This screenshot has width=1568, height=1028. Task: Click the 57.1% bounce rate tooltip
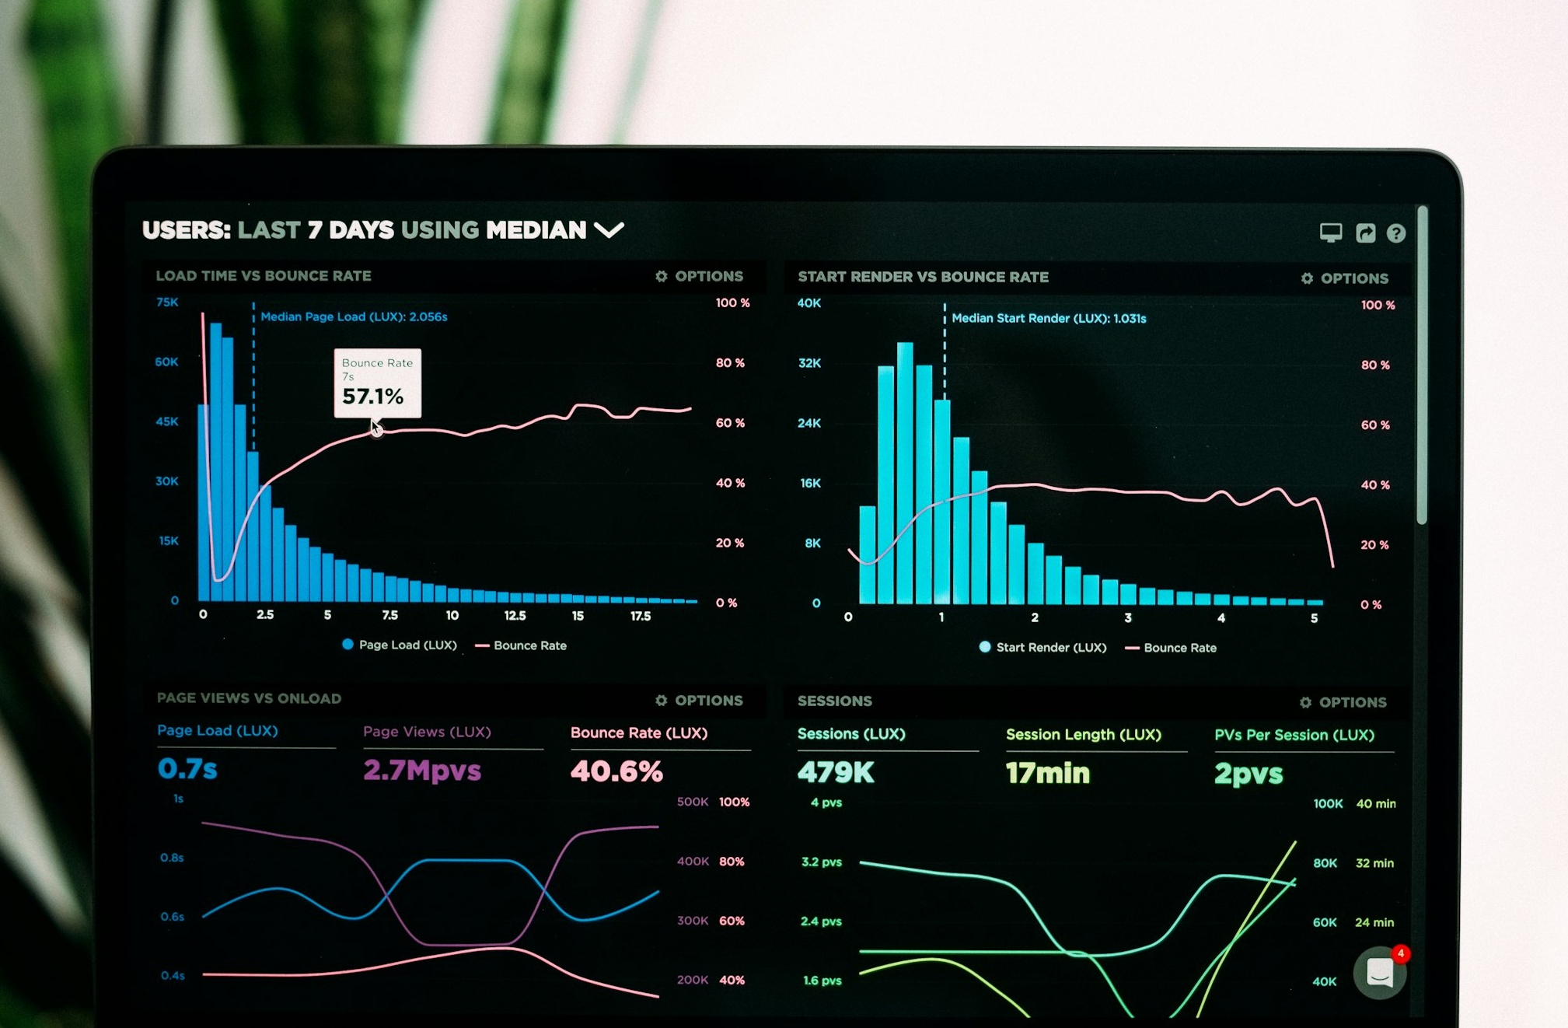pos(377,383)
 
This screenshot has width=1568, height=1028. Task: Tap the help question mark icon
pos(1395,233)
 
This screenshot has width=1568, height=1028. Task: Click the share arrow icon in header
pos(1365,233)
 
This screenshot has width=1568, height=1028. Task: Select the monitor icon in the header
pos(1330,233)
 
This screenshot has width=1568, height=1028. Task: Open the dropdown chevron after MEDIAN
pos(609,230)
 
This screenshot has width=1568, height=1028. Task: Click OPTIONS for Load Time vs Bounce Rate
pos(700,276)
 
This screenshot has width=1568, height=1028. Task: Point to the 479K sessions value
pos(836,772)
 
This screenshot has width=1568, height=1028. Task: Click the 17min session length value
pos(1047,773)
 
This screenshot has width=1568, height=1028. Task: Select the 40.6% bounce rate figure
pos(616,771)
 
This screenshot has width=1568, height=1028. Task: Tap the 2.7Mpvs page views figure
pos(422,771)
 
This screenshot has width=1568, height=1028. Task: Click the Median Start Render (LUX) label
pos(1048,318)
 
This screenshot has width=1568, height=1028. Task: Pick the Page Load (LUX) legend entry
pos(400,645)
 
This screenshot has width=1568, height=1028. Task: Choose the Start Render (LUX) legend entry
pos(1042,647)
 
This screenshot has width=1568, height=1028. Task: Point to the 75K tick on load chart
pos(167,302)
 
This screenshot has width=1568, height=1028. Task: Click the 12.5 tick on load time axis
pos(515,615)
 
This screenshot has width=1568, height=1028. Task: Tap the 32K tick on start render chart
pos(809,363)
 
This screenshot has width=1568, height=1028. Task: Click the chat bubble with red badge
pos(1380,972)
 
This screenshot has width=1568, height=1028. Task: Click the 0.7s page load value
pos(187,769)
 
